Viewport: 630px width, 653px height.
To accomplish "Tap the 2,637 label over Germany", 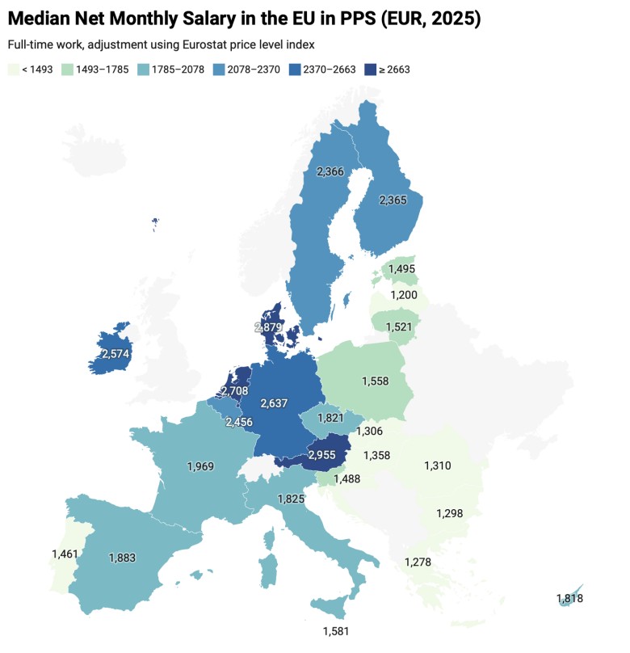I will tap(277, 403).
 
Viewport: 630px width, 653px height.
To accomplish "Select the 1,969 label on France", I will tap(202, 466).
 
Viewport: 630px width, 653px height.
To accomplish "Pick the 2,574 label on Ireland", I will tap(116, 354).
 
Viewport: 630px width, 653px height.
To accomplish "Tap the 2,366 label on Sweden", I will tap(330, 171).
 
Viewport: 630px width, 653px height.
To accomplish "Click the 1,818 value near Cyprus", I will tap(569, 599).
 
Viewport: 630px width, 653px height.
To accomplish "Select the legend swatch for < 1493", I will tap(13, 70).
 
